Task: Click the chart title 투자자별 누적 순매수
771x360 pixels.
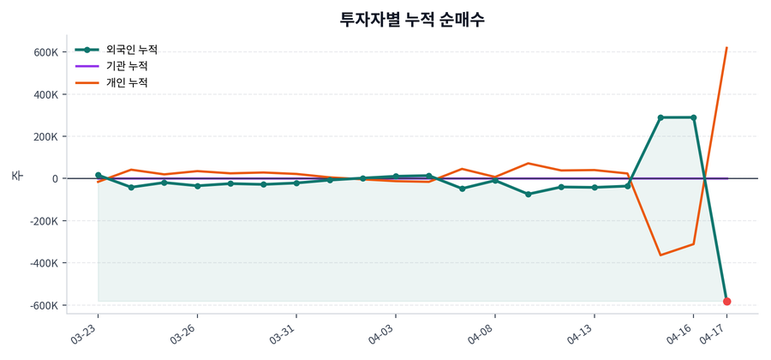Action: pyautogui.click(x=413, y=19)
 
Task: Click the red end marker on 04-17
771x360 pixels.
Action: pyautogui.click(x=726, y=302)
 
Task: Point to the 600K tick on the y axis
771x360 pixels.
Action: pyautogui.click(x=46, y=52)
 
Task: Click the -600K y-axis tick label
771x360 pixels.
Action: pyautogui.click(x=44, y=305)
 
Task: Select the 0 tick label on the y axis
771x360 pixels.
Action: pyautogui.click(x=54, y=179)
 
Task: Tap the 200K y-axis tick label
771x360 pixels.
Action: pyautogui.click(x=46, y=136)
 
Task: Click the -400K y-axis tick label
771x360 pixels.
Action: pyautogui.click(x=44, y=263)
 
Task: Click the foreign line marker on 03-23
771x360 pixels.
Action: pyautogui.click(x=98, y=175)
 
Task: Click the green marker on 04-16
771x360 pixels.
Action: pyautogui.click(x=693, y=117)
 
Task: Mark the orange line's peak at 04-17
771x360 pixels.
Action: pyautogui.click(x=726, y=48)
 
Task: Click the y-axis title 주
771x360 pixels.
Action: pyautogui.click(x=16, y=176)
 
